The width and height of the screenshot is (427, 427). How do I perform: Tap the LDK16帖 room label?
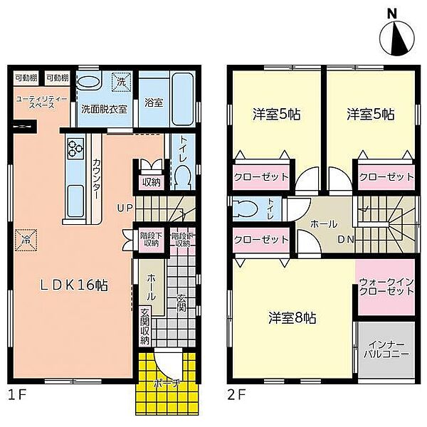[74, 285]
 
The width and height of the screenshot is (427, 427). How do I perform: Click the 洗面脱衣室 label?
[104, 110]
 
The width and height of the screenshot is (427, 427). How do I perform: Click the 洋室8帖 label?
[292, 318]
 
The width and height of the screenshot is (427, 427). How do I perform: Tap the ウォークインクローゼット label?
[385, 288]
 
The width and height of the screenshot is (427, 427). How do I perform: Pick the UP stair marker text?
[125, 209]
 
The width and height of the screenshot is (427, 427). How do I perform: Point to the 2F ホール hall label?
[323, 223]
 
